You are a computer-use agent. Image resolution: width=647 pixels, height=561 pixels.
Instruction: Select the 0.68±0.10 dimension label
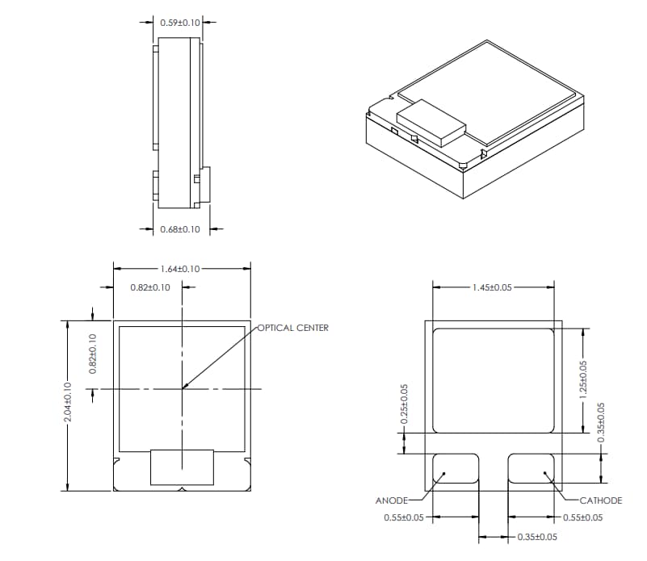pos(180,230)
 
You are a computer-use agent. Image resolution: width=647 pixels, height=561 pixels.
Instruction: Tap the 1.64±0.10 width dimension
pos(181,269)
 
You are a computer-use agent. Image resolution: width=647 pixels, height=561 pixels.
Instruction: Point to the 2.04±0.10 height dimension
pos(69,404)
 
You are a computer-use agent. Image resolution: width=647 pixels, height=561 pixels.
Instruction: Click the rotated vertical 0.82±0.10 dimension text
pos(92,354)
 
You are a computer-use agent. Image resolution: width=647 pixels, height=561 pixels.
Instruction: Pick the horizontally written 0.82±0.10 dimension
pos(149,287)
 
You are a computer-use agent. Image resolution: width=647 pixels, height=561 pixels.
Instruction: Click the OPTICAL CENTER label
pos(293,328)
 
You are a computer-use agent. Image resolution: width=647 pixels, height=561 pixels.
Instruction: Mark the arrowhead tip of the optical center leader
pos(184,388)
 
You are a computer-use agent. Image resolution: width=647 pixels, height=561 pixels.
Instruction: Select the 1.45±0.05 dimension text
pos(493,287)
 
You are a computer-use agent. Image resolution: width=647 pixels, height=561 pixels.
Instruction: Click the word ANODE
pos(392,500)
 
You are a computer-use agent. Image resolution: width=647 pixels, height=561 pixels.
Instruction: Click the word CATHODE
pos(601,500)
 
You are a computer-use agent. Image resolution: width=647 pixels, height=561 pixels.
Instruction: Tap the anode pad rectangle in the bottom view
pos(456,468)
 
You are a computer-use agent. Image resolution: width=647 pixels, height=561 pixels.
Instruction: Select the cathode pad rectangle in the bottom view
pos(531,468)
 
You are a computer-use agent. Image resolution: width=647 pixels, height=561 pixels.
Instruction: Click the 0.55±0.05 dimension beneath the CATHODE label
pos(582,518)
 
